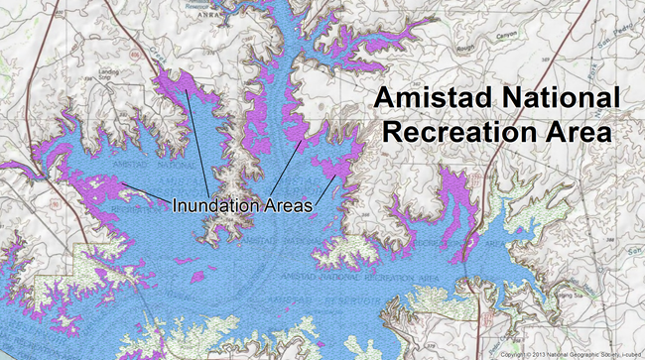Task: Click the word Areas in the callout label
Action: click(x=287, y=205)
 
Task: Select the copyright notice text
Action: click(x=570, y=353)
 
